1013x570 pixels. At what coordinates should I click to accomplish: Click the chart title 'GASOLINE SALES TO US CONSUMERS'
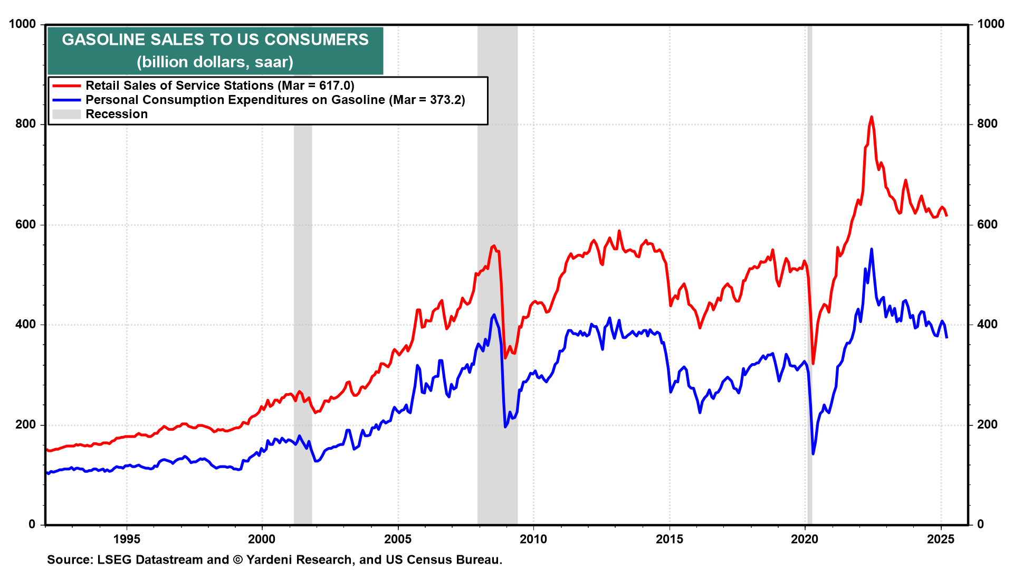pyautogui.click(x=215, y=40)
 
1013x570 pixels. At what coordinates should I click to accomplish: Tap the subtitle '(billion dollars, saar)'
pyautogui.click(x=215, y=62)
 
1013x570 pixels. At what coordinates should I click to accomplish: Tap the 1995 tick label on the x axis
pyautogui.click(x=127, y=539)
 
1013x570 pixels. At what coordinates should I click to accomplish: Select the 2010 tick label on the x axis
pyautogui.click(x=533, y=539)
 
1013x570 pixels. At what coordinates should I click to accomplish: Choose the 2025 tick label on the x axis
pyautogui.click(x=941, y=539)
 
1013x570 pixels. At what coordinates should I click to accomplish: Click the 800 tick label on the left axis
pyautogui.click(x=26, y=124)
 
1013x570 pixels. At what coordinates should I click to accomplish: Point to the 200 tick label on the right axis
pyautogui.click(x=987, y=425)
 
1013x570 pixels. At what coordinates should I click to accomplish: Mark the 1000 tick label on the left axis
pyautogui.click(x=23, y=24)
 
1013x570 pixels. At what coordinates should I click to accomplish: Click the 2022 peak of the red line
pyautogui.click(x=871, y=117)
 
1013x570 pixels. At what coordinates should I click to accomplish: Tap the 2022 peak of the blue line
pyautogui.click(x=871, y=249)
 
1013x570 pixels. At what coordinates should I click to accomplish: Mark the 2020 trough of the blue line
pyautogui.click(x=813, y=453)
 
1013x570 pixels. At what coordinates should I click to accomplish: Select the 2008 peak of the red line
pyautogui.click(x=494, y=246)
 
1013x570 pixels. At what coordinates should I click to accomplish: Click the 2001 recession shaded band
pyautogui.click(x=303, y=317)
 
